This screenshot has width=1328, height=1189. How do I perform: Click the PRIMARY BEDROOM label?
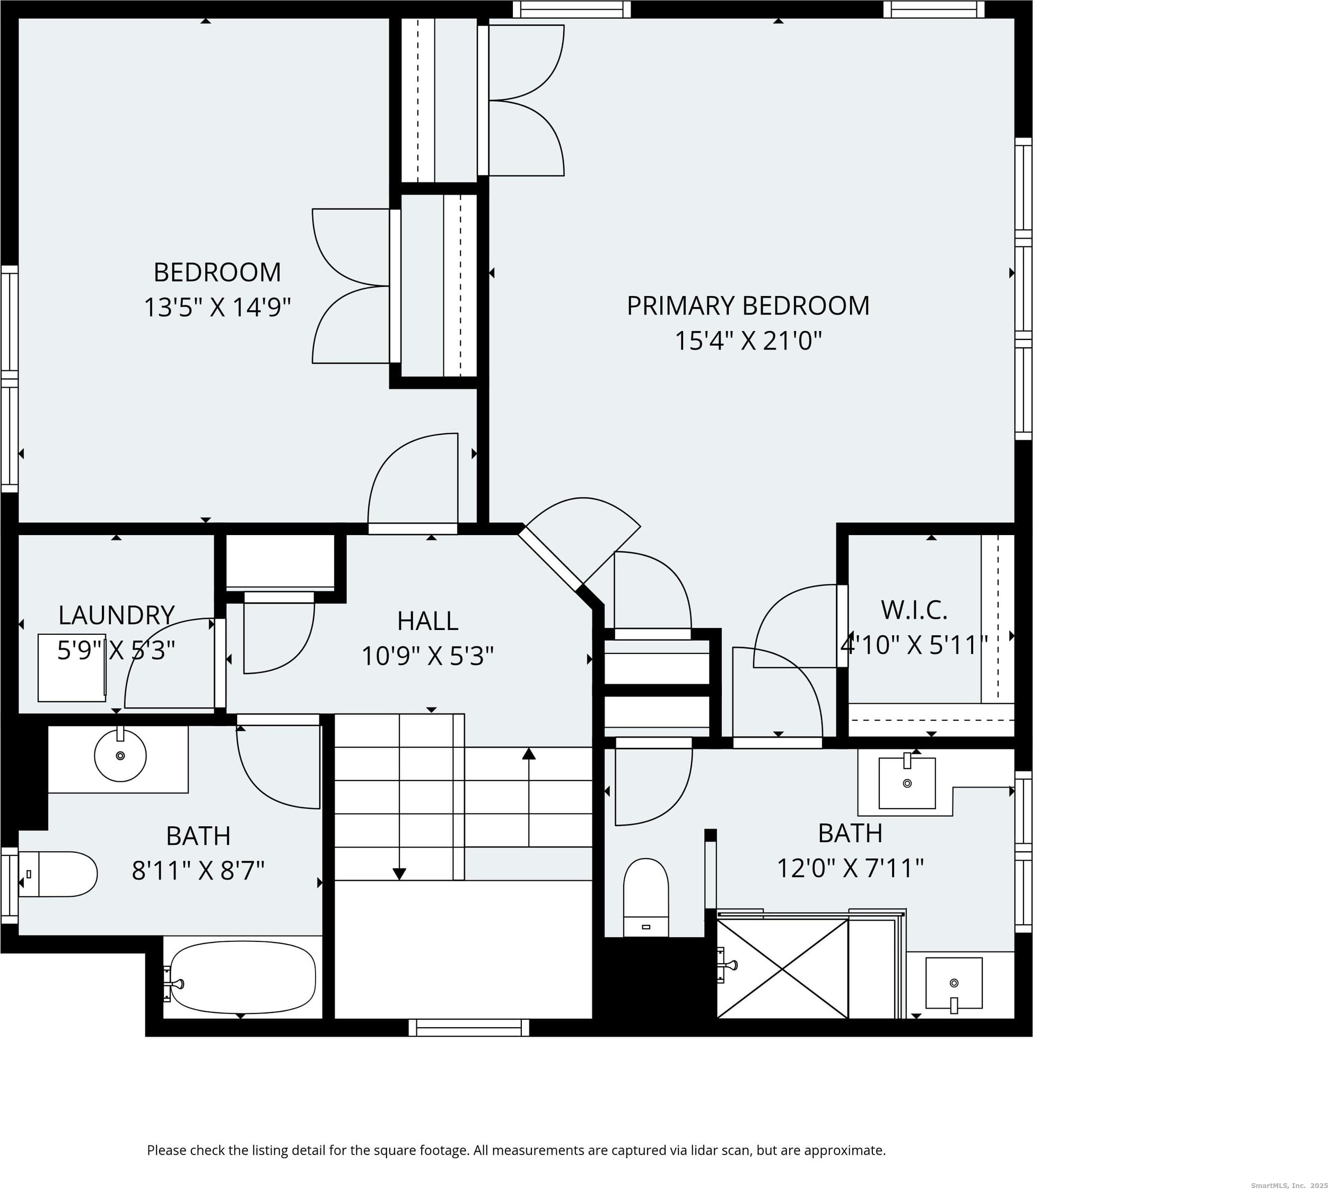point(748,306)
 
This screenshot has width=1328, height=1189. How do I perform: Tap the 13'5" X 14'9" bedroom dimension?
point(217,307)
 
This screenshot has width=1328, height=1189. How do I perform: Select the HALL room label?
point(427,620)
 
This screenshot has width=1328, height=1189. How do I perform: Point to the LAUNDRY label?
point(116,615)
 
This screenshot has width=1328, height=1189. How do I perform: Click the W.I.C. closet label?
point(914,610)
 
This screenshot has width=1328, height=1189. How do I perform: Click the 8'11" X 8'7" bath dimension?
point(198,871)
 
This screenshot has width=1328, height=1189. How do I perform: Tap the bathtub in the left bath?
point(242,977)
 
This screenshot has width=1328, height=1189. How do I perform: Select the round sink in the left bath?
point(120,756)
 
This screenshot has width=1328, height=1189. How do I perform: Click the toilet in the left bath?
point(57,874)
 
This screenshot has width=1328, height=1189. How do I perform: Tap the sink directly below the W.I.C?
point(907,783)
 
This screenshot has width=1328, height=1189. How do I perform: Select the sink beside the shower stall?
point(954,983)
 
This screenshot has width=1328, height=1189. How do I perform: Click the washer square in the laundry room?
point(72,668)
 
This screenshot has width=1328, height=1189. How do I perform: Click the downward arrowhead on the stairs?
point(399,873)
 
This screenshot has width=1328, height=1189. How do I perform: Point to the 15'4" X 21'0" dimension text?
point(748,341)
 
